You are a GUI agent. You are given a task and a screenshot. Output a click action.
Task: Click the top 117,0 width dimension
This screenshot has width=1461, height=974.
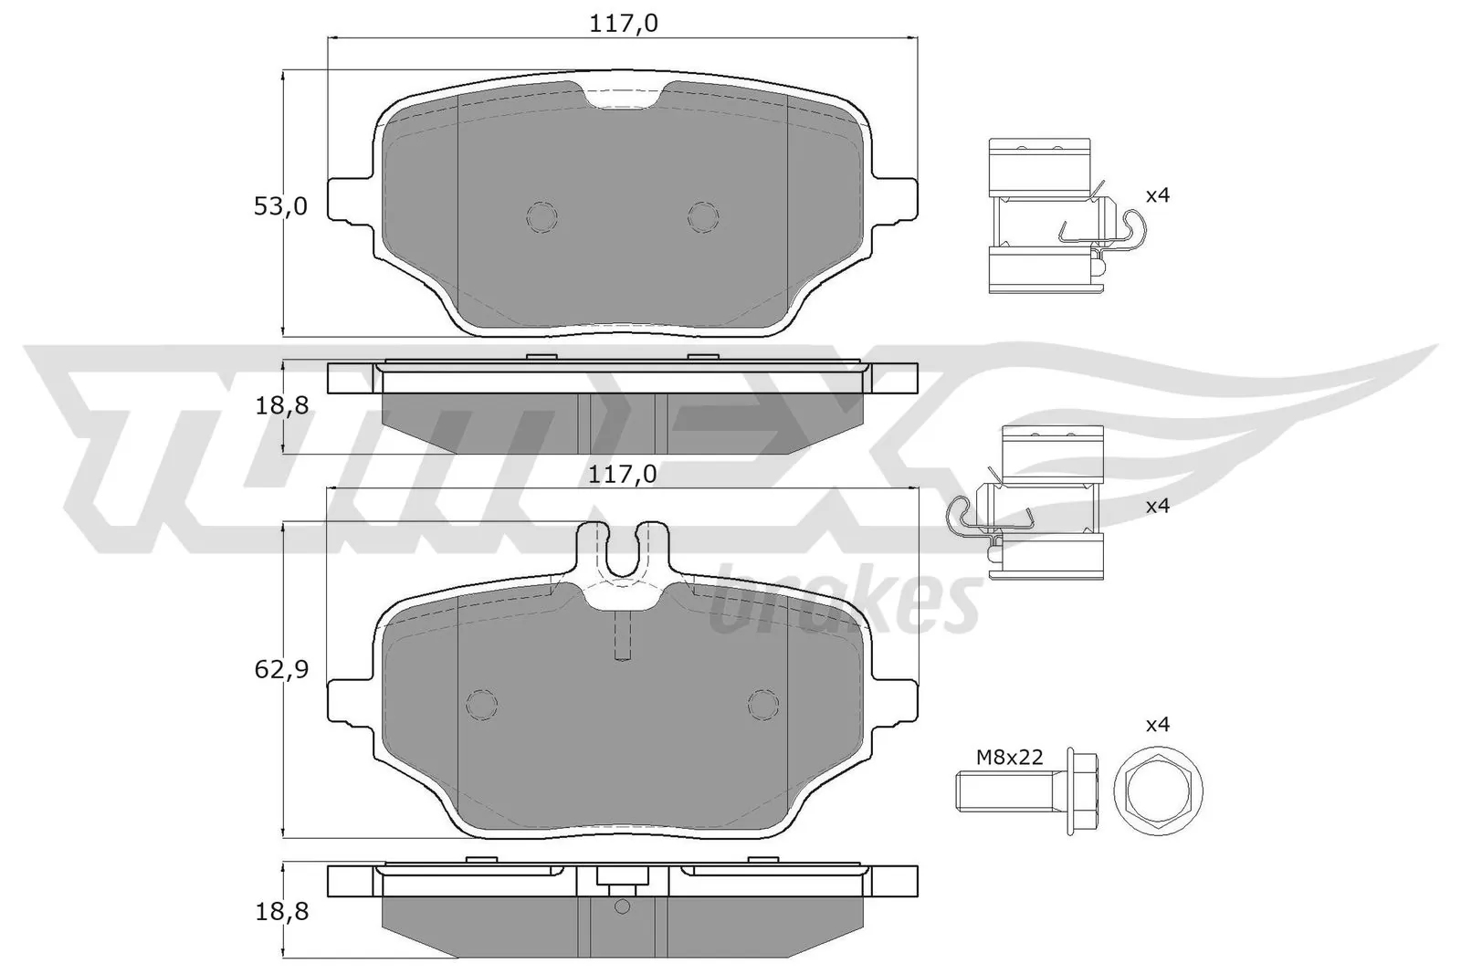pos(625,23)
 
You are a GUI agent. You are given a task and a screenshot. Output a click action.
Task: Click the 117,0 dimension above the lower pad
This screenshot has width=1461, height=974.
pos(625,474)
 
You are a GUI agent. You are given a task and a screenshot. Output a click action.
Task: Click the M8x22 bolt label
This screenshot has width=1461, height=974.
pos(1009,757)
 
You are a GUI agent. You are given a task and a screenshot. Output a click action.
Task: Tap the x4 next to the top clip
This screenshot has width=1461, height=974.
pos(1157,194)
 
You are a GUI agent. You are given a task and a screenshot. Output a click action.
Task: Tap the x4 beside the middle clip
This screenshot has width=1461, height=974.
pos(1157,506)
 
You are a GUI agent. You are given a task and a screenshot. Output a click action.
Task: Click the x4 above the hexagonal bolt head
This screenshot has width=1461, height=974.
pos(1157,725)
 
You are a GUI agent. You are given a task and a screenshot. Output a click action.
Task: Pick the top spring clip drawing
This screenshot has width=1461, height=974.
pos(1050,216)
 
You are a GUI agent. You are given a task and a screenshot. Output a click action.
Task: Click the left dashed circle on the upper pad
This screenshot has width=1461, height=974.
pos(541,215)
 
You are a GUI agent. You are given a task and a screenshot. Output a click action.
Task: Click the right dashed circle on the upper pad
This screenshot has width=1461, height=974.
pos(703,215)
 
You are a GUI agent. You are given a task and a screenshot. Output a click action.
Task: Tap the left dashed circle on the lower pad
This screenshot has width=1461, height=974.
pos(481,703)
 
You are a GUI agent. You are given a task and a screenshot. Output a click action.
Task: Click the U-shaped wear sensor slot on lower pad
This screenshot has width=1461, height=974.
pos(624,553)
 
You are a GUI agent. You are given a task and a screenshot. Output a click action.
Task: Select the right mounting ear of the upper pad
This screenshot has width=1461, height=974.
pos(896,200)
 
